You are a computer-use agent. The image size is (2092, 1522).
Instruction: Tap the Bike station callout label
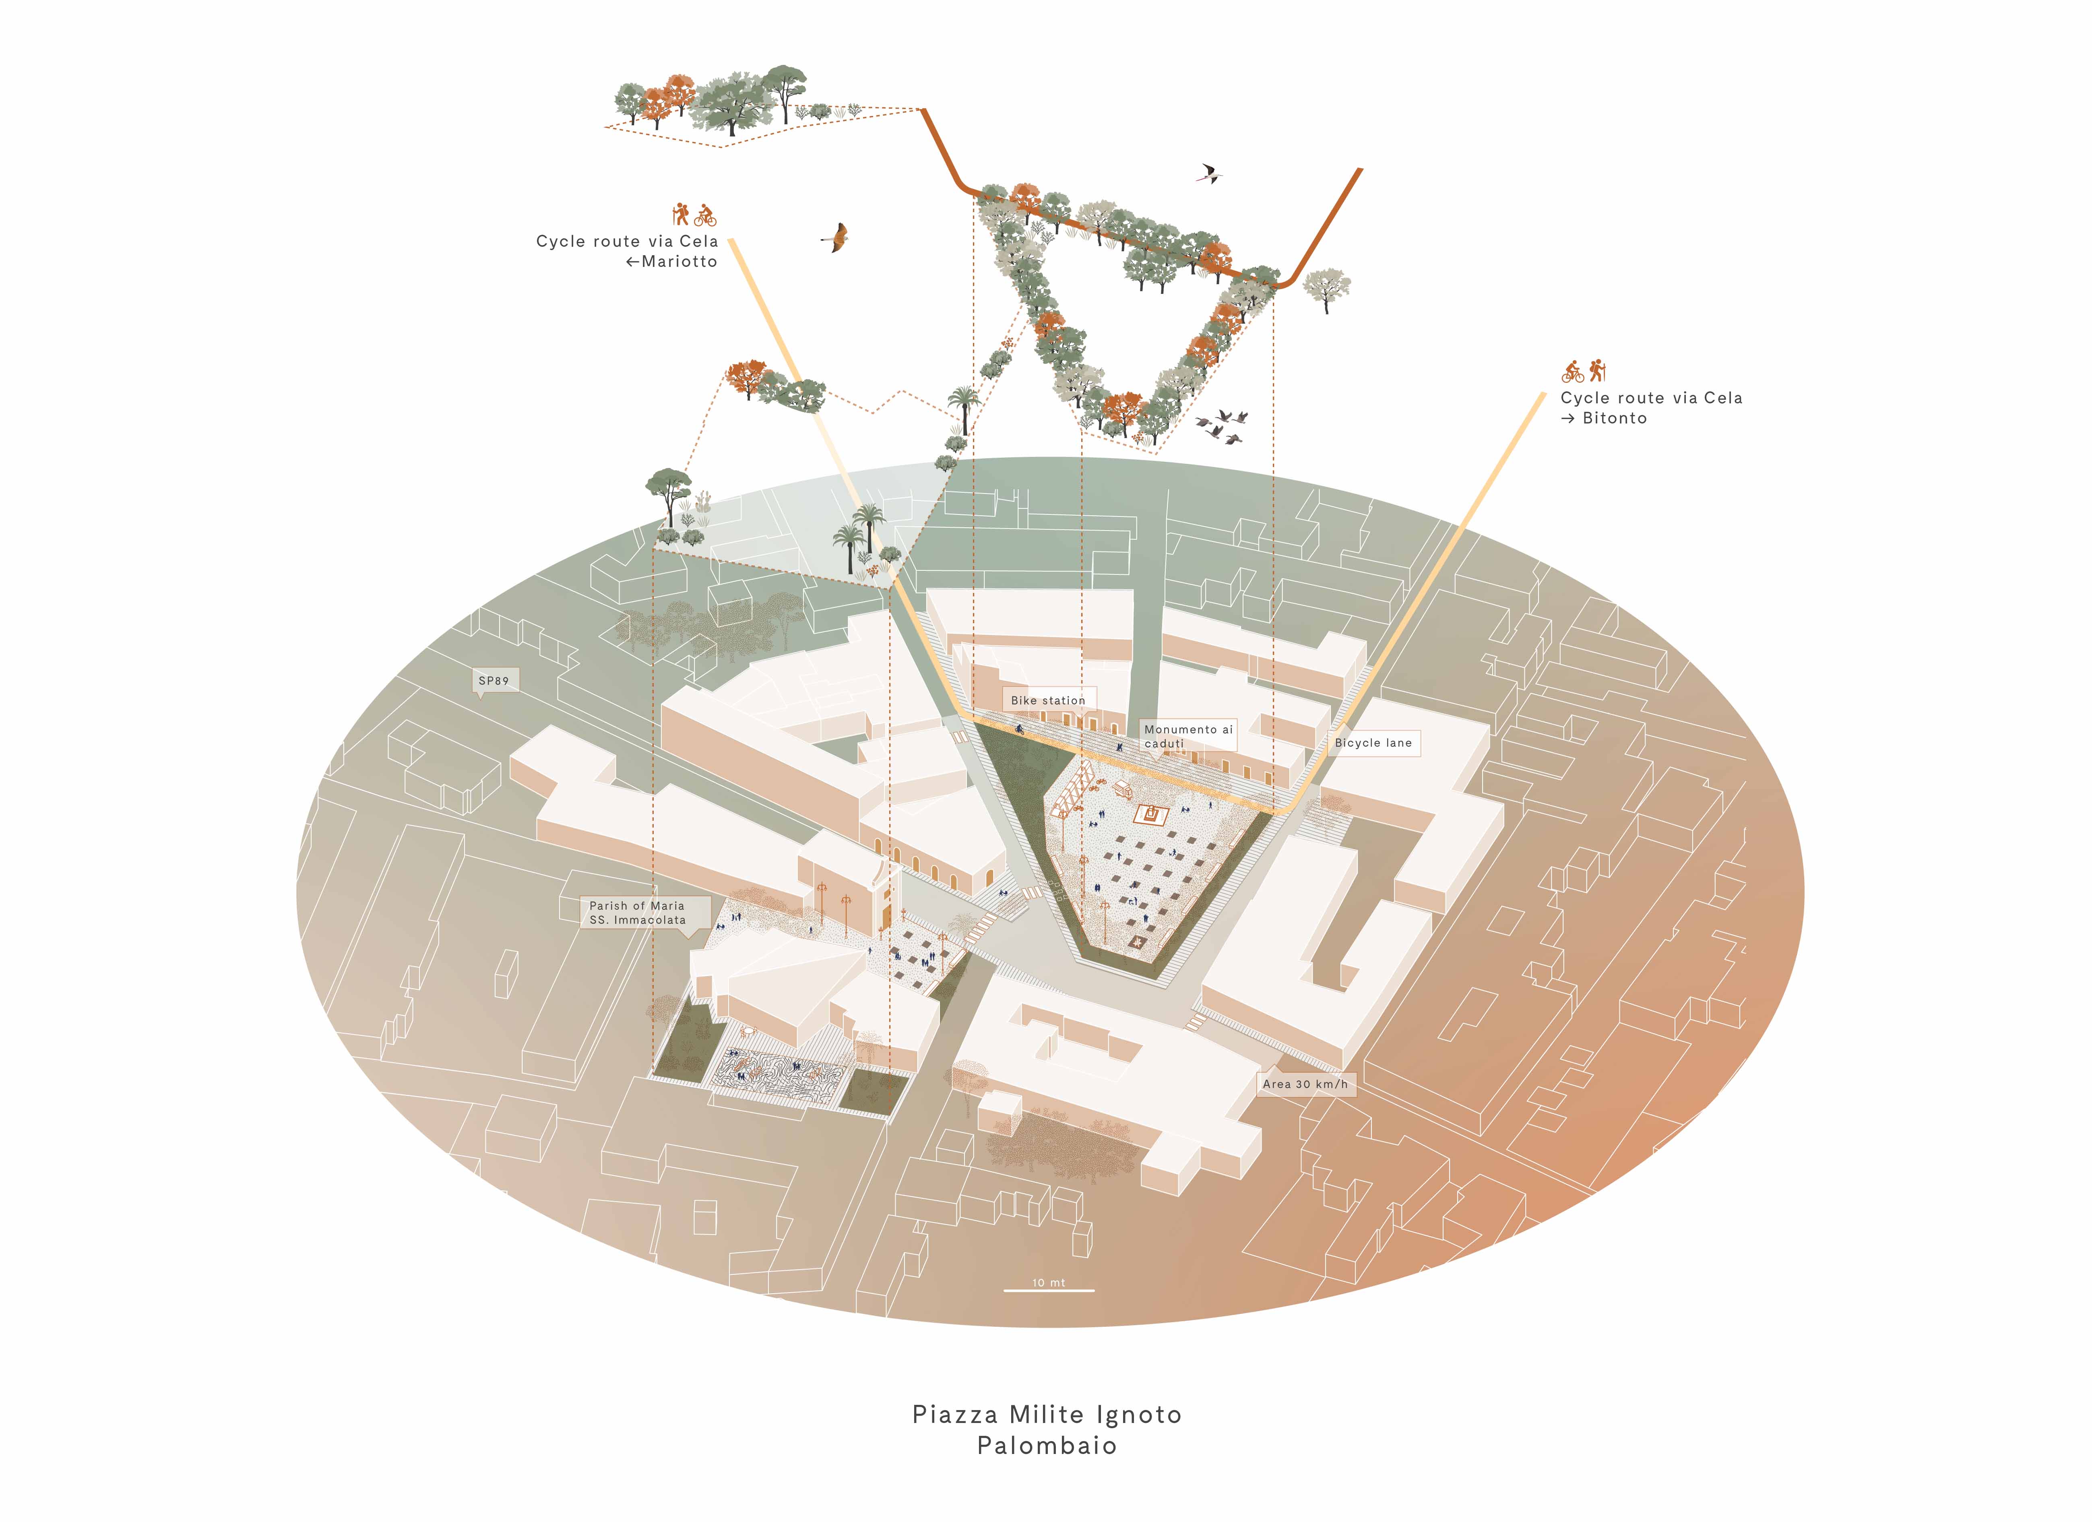coord(1048,700)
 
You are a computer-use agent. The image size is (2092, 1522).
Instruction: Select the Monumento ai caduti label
coord(1188,736)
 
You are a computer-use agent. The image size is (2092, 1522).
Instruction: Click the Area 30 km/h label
coord(1305,1084)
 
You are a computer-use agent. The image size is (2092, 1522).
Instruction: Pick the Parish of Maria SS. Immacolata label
coord(637,912)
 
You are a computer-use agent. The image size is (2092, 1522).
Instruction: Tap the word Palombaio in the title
coord(1047,1446)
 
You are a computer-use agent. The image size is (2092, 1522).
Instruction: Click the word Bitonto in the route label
coord(1614,418)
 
